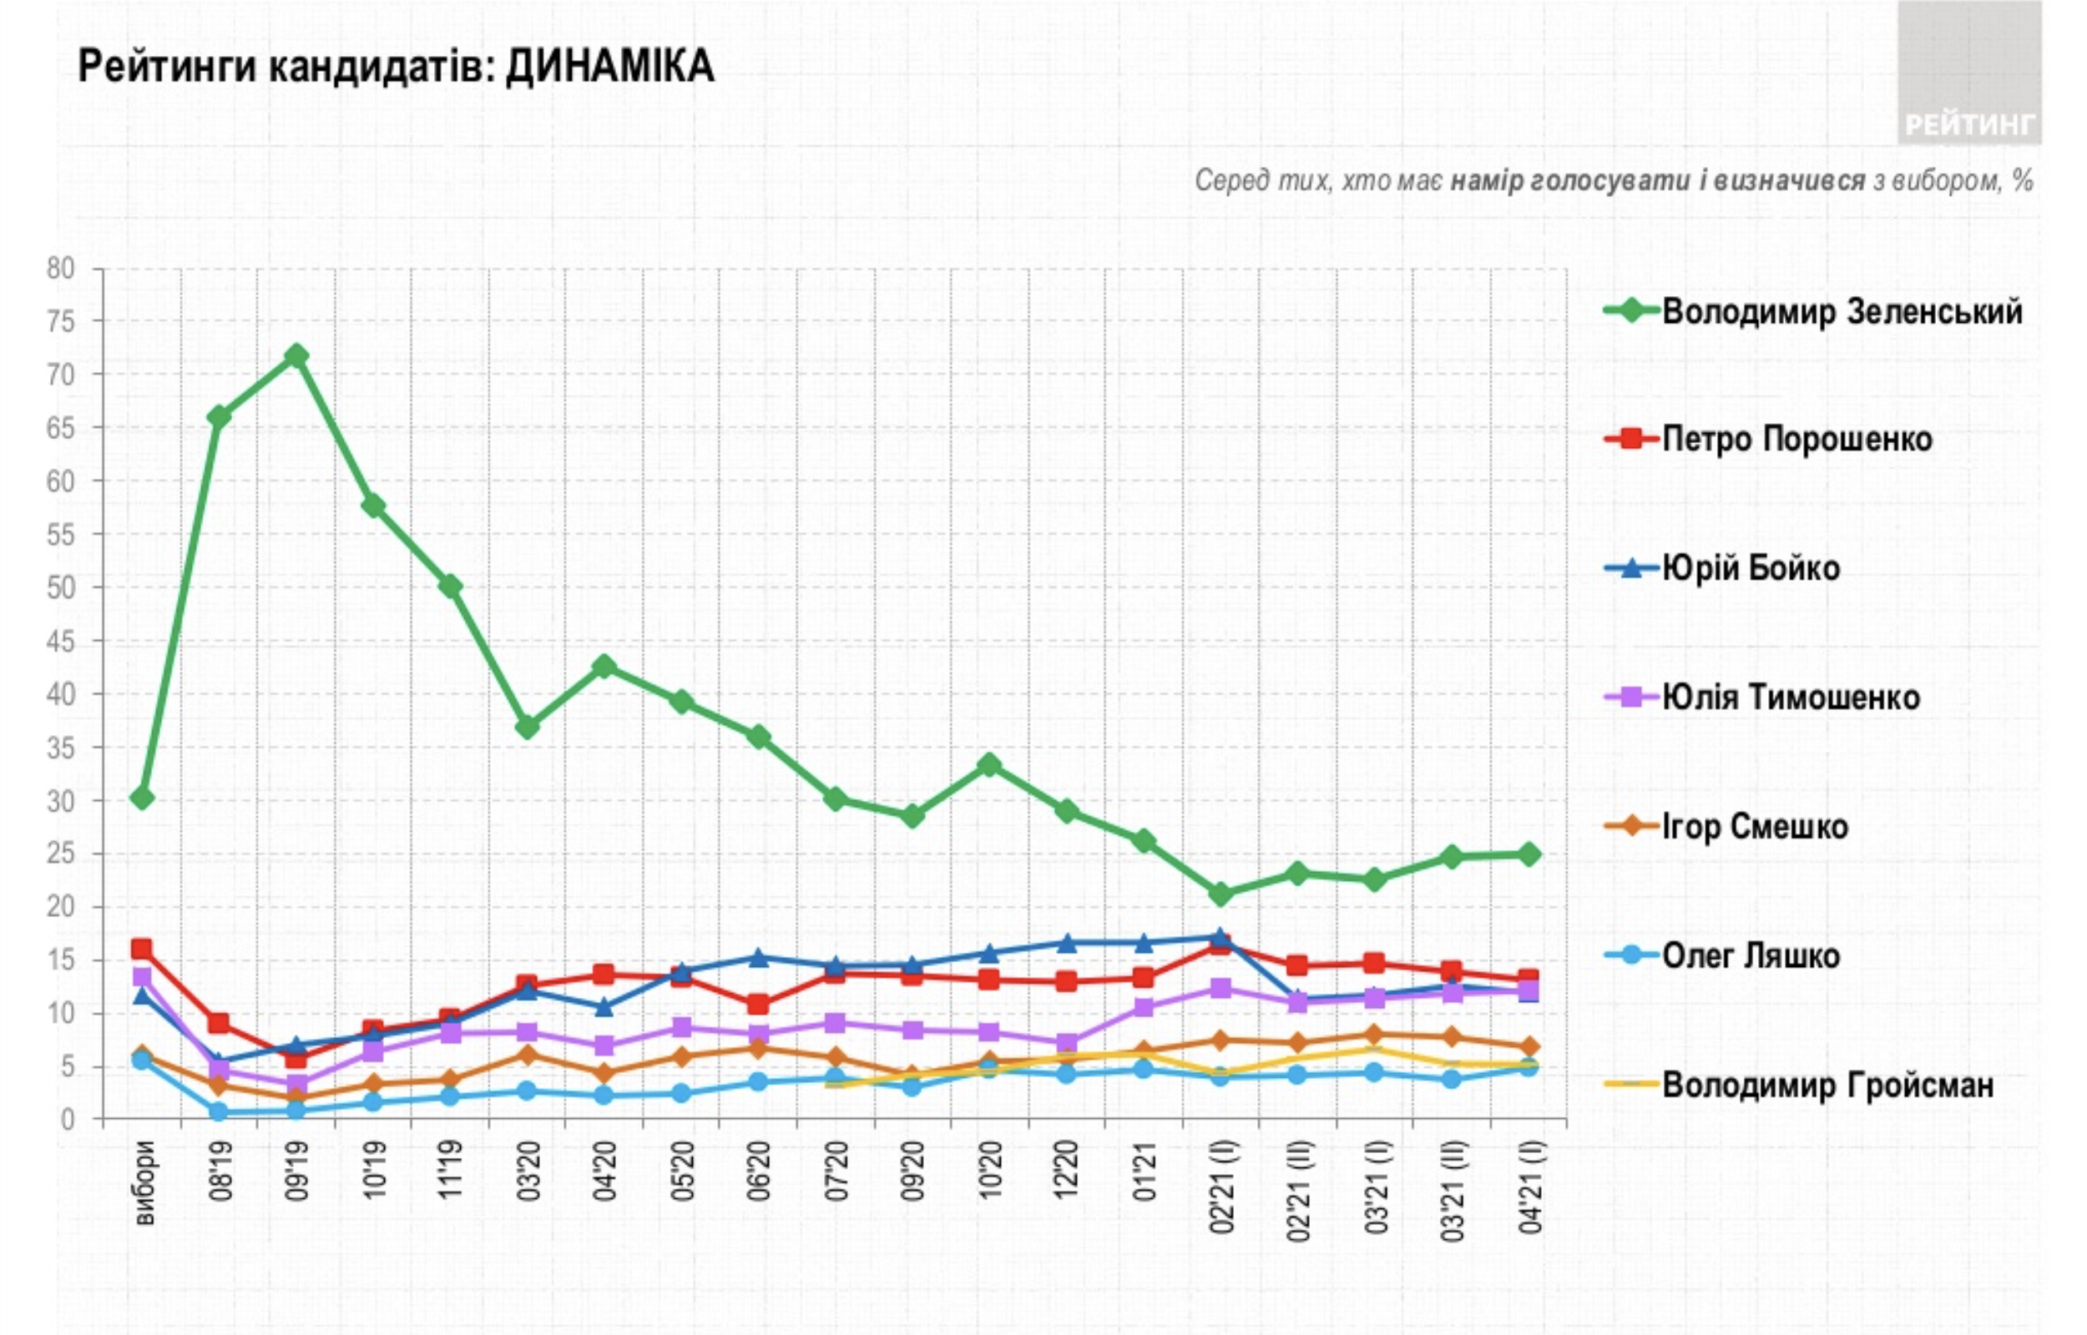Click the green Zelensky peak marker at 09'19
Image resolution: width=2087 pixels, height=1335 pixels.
[x=296, y=355]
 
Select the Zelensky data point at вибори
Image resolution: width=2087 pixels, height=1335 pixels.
[x=142, y=798]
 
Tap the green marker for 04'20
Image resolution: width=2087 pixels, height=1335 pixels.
[x=604, y=667]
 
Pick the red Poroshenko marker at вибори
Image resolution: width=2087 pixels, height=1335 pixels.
[x=142, y=950]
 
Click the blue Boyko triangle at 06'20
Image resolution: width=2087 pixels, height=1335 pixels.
[x=759, y=958]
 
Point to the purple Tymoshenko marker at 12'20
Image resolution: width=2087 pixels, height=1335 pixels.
[x=1068, y=1043]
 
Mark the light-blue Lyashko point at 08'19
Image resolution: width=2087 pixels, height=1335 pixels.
[x=220, y=1111]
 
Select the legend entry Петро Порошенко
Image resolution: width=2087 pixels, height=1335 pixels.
[x=1796, y=440]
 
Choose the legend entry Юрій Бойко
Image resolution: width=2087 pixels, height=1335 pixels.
[x=1751, y=569]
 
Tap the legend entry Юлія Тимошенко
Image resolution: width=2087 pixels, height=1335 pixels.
[x=1791, y=697]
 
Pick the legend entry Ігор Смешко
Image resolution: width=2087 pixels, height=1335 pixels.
[x=1755, y=826]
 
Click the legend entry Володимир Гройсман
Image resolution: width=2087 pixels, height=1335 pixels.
[x=1827, y=1085]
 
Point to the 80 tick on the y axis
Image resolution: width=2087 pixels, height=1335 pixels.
[x=61, y=269]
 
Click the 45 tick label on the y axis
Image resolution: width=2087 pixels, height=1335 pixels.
[x=61, y=642]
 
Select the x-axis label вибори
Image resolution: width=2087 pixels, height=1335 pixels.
[x=144, y=1184]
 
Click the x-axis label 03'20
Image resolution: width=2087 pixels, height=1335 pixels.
[x=529, y=1171]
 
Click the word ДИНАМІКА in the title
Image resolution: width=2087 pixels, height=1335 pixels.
[x=609, y=67]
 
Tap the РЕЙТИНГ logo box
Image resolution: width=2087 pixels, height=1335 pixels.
[x=1968, y=73]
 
